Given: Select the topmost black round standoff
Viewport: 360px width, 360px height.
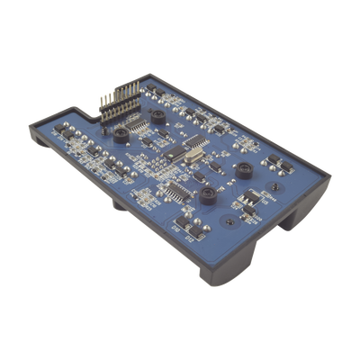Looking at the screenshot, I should [x=157, y=117].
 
